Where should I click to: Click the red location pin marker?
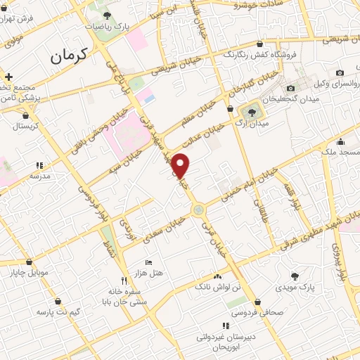click(181, 165)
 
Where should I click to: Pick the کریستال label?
click(27, 127)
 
